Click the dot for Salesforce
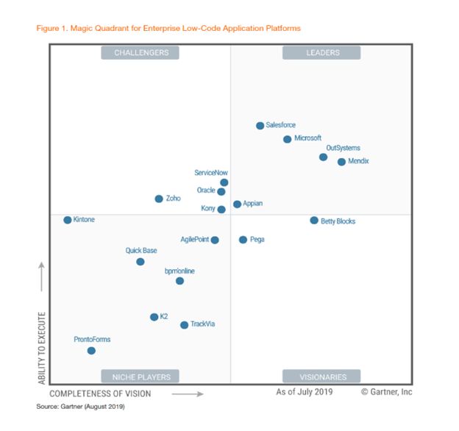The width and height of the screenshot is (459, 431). [x=260, y=126]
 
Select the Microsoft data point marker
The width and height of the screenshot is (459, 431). [x=287, y=139]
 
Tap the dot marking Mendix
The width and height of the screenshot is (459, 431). [x=341, y=162]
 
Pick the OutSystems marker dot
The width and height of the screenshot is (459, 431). [x=323, y=157]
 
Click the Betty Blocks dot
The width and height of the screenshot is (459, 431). [x=314, y=221]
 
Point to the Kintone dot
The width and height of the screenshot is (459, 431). [x=67, y=220]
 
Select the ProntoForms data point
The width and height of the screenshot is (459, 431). [x=91, y=351]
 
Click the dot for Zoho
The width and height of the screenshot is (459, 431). [x=159, y=199]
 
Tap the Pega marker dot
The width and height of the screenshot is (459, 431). [x=243, y=240]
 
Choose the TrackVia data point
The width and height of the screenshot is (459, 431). [x=184, y=324]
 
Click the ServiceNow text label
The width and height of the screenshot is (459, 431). [x=211, y=173]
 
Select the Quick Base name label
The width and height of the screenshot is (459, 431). [x=140, y=251]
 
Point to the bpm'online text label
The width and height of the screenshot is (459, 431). [x=179, y=271]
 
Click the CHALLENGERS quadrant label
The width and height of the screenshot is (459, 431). [x=141, y=52]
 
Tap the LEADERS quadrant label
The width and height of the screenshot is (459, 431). [x=322, y=52]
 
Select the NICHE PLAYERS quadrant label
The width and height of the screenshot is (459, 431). [x=141, y=377]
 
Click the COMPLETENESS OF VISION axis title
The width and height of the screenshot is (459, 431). [x=100, y=394]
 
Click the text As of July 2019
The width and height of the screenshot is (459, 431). [x=304, y=392]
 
